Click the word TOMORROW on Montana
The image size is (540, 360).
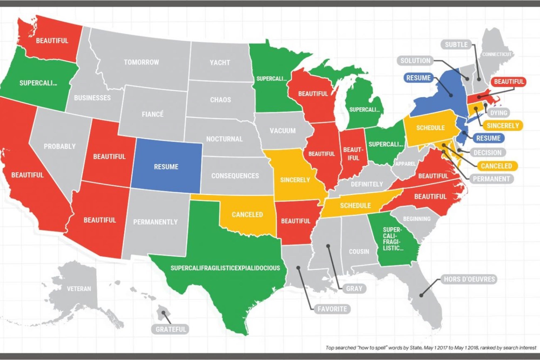[x=141, y=62]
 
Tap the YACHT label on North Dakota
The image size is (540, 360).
[x=220, y=63]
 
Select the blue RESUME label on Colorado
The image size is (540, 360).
[x=166, y=167]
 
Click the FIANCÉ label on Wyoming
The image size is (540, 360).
[x=153, y=114]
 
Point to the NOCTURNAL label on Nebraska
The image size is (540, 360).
[x=224, y=139]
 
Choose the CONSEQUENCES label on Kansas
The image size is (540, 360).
[x=235, y=176]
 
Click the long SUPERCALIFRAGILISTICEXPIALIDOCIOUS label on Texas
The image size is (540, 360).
[x=225, y=268]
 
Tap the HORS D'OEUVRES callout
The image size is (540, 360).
[x=469, y=279]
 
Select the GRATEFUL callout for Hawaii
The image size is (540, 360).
[x=171, y=329]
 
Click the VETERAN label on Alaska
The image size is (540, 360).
[x=79, y=289]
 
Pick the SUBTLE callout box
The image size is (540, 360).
[x=456, y=45]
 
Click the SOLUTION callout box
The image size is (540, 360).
[x=415, y=61]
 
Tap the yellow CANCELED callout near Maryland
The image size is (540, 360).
[x=496, y=166]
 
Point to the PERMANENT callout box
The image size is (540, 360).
[x=491, y=179]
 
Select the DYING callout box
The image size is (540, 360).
[x=498, y=113]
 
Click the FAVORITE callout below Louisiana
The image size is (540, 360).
[x=332, y=309]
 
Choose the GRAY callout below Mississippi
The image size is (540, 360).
[x=354, y=288]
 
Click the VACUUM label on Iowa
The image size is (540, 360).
[x=282, y=131]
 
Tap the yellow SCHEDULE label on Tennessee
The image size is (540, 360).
[x=355, y=206]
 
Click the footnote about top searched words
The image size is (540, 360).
[x=431, y=348]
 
